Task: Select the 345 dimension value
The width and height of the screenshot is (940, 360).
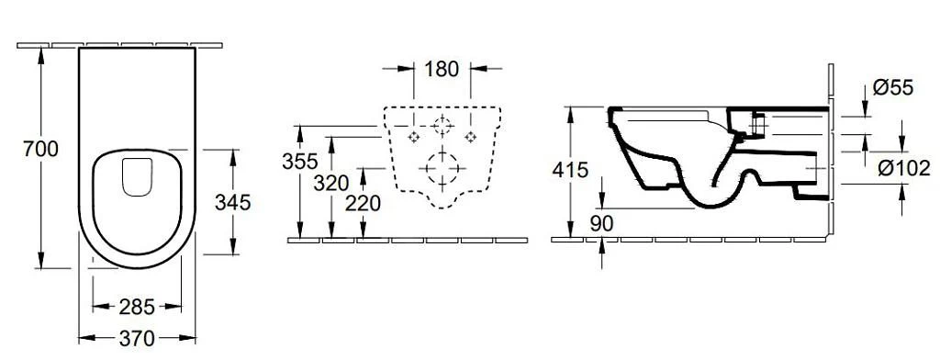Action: (232, 201)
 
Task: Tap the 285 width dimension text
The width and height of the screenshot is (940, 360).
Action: (137, 307)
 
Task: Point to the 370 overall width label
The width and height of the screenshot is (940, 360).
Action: (138, 339)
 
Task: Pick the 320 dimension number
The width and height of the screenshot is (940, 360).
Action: (331, 183)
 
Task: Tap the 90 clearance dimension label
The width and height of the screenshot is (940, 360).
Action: (602, 222)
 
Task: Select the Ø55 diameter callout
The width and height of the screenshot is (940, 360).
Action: (892, 88)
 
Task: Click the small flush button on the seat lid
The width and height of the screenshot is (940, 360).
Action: (137, 175)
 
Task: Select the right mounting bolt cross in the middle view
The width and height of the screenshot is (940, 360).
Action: (472, 137)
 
